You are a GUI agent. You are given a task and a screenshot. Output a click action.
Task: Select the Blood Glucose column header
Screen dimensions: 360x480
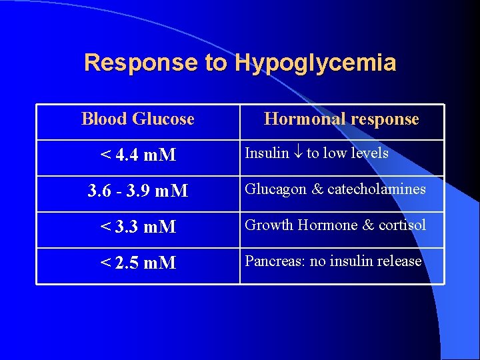pos(137,119)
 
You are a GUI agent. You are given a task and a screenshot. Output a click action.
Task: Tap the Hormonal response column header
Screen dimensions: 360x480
pos(341,119)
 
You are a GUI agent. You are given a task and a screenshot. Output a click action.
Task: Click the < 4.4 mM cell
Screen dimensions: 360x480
pos(137,155)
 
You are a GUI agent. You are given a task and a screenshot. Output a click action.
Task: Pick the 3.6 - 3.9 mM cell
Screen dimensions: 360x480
pos(137,191)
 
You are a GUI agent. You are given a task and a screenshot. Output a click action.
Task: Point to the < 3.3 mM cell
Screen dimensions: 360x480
pos(137,227)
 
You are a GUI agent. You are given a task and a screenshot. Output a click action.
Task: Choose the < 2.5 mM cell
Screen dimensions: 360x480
pos(137,263)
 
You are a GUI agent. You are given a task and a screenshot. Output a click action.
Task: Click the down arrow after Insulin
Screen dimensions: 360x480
pos(297,154)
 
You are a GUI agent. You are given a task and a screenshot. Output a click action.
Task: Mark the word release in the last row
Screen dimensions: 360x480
pos(400,261)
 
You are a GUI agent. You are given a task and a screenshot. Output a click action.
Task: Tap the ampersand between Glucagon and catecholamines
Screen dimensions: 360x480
pos(317,189)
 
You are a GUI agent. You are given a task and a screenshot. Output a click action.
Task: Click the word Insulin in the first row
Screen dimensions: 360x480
pos(267,153)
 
